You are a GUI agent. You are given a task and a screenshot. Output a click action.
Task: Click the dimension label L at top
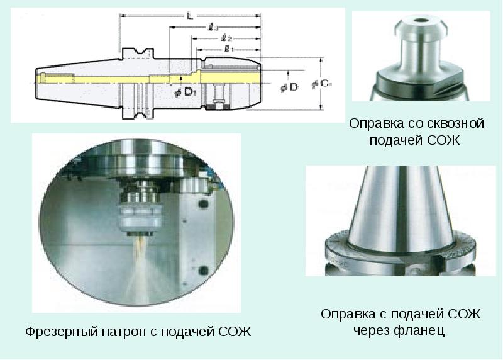point(191,16)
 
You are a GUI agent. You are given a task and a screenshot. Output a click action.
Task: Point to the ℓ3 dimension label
point(213,27)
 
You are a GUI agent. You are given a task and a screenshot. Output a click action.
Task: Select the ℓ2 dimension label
point(226,38)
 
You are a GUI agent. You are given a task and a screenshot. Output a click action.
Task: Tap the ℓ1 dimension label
point(228,49)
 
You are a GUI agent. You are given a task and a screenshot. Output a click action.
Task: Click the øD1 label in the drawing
point(185,93)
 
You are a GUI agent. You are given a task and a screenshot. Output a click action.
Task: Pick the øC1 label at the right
point(321,84)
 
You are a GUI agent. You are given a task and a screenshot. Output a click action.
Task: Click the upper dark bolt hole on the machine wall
point(203,204)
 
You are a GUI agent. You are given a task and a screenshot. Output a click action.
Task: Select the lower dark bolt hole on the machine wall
point(203,271)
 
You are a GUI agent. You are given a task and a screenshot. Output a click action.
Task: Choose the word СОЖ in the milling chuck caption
point(235,331)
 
